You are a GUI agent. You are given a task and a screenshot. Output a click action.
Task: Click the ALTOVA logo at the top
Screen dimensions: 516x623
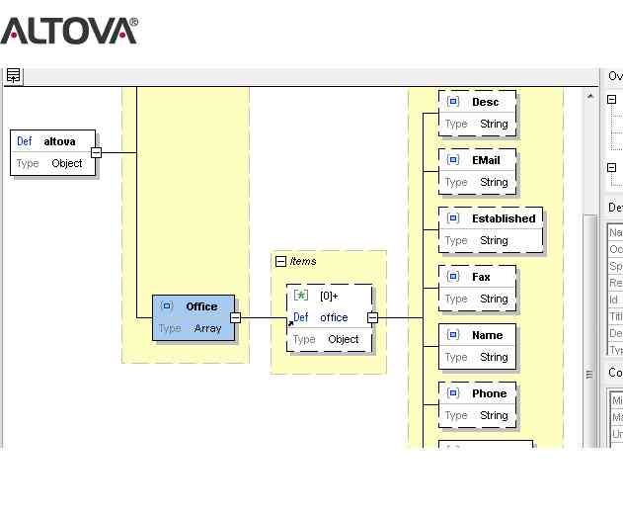tap(69, 30)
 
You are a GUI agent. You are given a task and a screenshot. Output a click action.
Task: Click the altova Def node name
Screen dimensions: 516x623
tap(59, 141)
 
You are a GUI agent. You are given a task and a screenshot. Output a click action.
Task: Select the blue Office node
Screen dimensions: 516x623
tap(194, 317)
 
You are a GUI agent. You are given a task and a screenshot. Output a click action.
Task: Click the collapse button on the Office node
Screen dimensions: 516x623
tap(235, 317)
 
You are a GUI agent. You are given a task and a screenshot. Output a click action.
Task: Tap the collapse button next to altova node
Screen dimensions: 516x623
tap(96, 152)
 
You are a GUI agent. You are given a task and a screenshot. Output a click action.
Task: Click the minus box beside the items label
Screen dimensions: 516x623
tap(280, 262)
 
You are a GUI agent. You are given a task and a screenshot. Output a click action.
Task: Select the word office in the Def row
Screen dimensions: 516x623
tap(334, 317)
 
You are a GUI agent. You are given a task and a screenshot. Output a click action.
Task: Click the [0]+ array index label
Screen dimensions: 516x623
tap(329, 296)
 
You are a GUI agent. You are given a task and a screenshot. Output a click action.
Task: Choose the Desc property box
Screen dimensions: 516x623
tap(478, 113)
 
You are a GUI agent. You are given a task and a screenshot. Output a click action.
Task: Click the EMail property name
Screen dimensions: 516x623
tap(486, 159)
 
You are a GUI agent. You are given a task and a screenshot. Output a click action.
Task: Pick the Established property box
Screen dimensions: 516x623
tap(491, 229)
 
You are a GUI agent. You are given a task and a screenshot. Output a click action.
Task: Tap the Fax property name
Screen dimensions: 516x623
tap(481, 277)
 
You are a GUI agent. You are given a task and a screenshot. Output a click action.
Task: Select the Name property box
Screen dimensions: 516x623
tap(478, 346)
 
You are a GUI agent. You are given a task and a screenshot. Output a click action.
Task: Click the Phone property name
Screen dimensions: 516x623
tap(489, 393)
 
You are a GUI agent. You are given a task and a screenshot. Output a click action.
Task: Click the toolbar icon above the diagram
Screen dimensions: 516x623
tap(13, 75)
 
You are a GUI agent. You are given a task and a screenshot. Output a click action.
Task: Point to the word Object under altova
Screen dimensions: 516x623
tap(67, 163)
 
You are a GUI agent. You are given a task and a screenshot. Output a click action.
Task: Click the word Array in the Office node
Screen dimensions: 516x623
tap(207, 328)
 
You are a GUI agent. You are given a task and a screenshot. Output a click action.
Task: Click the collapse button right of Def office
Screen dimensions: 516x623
tap(372, 317)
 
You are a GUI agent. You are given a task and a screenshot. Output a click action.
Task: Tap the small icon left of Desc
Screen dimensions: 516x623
tap(453, 102)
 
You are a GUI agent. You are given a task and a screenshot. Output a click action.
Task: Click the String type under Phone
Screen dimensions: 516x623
tap(494, 415)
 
